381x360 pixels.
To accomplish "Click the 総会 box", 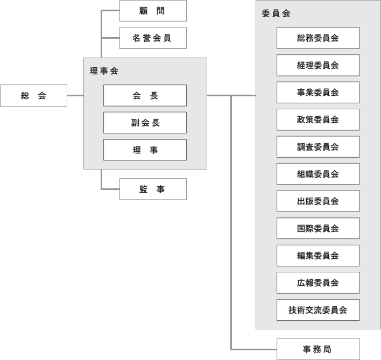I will tap(33, 96).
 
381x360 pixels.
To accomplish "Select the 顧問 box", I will tap(152, 11).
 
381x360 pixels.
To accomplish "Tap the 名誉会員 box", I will tap(152, 38).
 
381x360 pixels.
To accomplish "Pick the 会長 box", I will tap(145, 95).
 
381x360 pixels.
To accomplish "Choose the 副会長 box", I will tap(145, 123).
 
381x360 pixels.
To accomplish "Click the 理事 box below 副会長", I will tap(145, 150).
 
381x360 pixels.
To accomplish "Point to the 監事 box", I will tap(152, 189).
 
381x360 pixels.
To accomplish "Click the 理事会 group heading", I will tap(104, 71).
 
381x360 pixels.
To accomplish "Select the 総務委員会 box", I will tap(318, 38).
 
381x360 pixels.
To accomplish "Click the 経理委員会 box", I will tap(318, 65).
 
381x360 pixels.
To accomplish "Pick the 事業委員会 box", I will tap(318, 93).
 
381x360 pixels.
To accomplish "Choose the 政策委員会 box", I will tap(318, 119).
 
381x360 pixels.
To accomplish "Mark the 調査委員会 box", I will tap(318, 147).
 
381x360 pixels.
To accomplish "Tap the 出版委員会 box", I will tap(318, 201).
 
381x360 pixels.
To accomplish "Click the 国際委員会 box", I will tap(318, 228).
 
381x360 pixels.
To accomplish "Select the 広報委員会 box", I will tap(318, 283).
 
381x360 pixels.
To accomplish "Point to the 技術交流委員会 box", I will tap(318, 310).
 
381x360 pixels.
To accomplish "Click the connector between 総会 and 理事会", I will tap(75, 96).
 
